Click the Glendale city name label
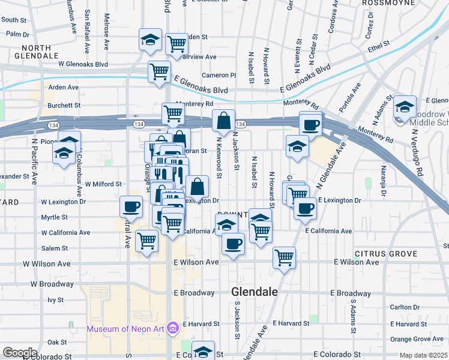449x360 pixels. point(255,292)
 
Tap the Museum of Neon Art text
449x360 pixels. point(126,328)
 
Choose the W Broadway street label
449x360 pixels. point(52,283)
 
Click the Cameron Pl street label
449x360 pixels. point(219,75)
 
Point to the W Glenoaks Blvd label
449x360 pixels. point(83,64)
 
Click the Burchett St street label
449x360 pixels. point(64,105)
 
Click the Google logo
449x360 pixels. point(20,353)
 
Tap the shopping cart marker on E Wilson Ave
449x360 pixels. point(284,258)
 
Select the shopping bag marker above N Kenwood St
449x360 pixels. point(223,121)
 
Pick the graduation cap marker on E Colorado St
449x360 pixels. point(203,352)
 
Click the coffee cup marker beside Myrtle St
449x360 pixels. point(131,207)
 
